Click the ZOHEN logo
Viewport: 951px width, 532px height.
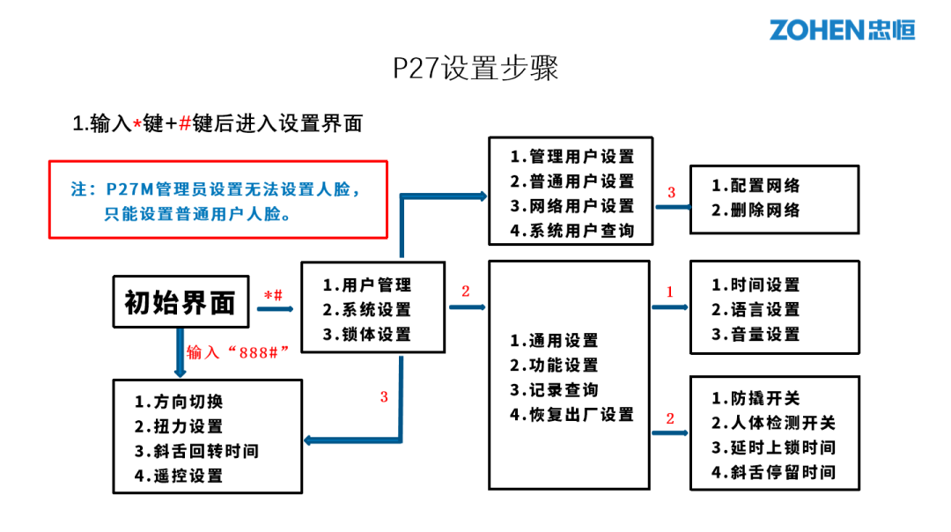pyautogui.click(x=842, y=29)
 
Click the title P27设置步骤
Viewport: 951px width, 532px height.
pyautogui.click(x=475, y=68)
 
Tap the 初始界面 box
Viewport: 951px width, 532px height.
pyautogui.click(x=181, y=303)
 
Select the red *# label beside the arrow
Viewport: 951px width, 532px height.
pyautogui.click(x=274, y=295)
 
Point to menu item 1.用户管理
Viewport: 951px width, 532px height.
pyautogui.click(x=366, y=284)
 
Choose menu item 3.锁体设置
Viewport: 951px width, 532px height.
pyautogui.click(x=366, y=335)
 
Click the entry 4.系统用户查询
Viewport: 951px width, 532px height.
pyautogui.click(x=571, y=231)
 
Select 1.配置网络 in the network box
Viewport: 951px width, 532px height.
pyautogui.click(x=756, y=186)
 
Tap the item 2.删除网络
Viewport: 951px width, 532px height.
pyautogui.click(x=756, y=211)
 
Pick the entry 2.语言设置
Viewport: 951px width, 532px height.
pyautogui.click(x=756, y=310)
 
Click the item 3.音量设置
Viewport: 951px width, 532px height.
pyautogui.click(x=756, y=335)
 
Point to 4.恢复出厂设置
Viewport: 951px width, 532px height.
pyautogui.click(x=571, y=414)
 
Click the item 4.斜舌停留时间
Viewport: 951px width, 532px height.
pyautogui.click(x=773, y=472)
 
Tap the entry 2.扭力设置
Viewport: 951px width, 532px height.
pyautogui.click(x=179, y=426)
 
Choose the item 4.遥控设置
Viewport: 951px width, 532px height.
pyautogui.click(x=179, y=476)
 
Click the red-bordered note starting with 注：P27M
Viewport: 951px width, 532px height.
pyautogui.click(x=217, y=199)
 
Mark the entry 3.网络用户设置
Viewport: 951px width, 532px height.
pyautogui.click(x=571, y=206)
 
